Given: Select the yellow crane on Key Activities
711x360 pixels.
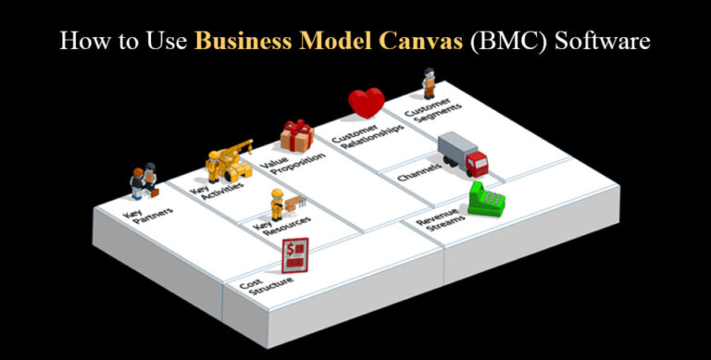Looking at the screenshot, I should pyautogui.click(x=228, y=159).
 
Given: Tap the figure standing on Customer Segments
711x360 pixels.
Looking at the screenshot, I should pyautogui.click(x=429, y=83).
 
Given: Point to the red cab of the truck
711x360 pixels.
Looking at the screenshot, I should pyautogui.click(x=476, y=165).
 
